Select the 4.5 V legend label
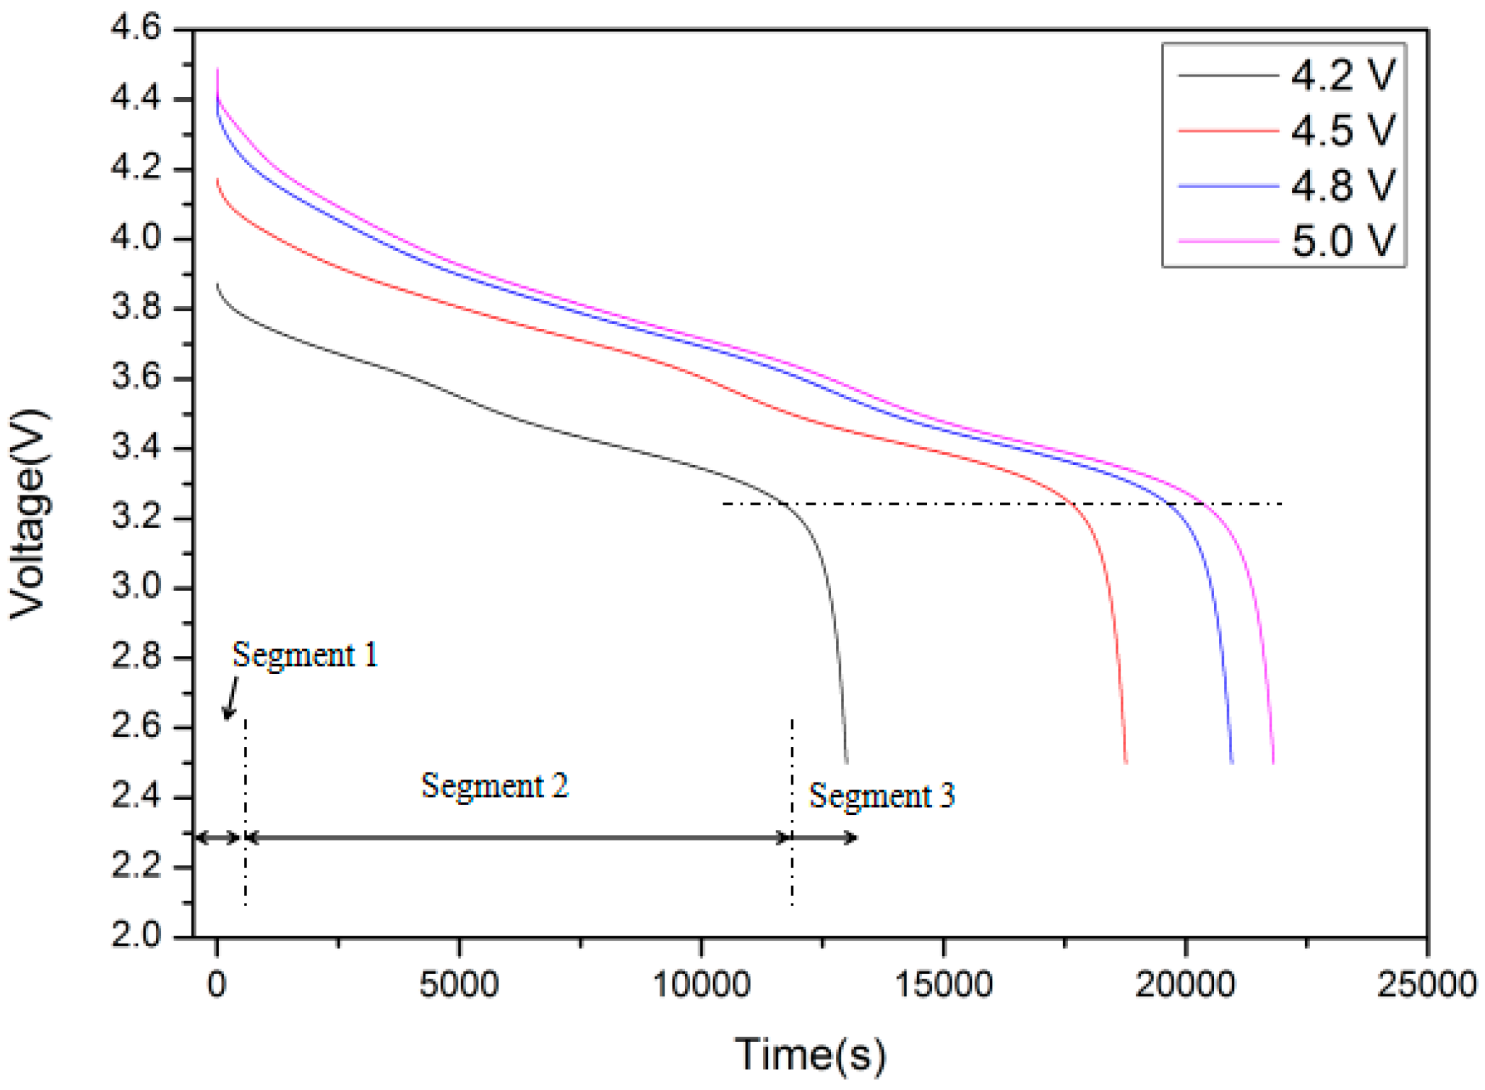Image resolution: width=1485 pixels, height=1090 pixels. tap(1342, 130)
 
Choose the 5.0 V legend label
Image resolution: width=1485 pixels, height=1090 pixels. tap(1342, 241)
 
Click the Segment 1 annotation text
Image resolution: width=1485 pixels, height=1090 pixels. tap(305, 655)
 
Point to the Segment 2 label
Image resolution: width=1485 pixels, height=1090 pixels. tap(495, 786)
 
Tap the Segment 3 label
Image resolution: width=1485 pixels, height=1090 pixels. tap(881, 796)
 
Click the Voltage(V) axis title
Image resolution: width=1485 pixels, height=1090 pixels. tap(28, 514)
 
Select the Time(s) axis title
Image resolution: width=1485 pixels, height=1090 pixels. tap(810, 1055)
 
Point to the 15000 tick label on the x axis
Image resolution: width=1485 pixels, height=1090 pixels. tap(943, 984)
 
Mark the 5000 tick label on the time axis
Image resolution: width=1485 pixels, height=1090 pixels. tap(459, 984)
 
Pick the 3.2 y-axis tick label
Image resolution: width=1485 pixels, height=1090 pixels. tap(136, 518)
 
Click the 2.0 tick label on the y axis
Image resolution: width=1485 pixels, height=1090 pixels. tap(136, 936)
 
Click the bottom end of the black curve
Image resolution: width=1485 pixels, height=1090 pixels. tap(846, 762)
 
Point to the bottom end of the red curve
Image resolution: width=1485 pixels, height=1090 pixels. tap(1125, 762)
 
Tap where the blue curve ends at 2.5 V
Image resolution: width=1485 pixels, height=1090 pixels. tap(1231, 762)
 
